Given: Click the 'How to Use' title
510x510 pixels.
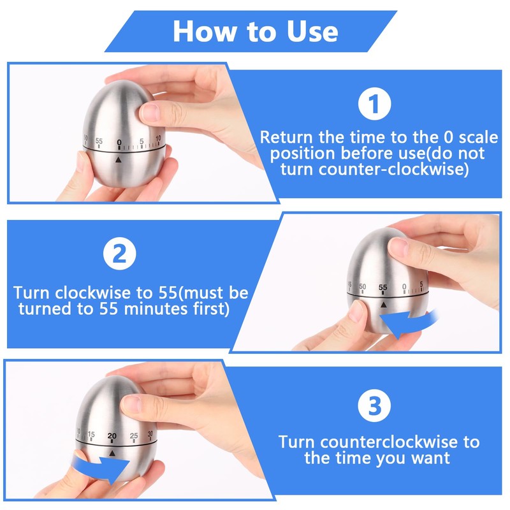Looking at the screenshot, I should [255, 30].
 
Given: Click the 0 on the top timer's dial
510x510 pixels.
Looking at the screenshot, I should [119, 142].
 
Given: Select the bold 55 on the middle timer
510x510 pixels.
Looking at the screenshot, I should [382, 288].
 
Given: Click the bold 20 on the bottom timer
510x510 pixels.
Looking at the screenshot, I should [112, 436].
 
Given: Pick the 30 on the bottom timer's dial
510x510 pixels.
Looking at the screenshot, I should [150, 435].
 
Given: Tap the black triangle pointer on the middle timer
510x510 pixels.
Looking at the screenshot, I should [383, 305].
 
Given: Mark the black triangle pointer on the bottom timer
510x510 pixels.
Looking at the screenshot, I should [112, 453].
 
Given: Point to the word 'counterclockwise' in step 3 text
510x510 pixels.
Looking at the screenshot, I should [382, 442].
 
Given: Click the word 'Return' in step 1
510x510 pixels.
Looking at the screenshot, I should [285, 137].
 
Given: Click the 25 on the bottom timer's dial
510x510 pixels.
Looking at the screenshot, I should [133, 436].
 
